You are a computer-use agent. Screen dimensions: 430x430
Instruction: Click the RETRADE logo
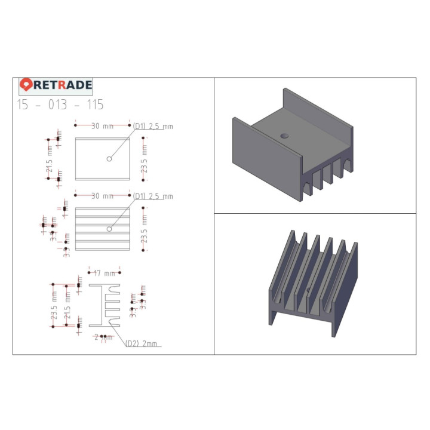tap(56, 85)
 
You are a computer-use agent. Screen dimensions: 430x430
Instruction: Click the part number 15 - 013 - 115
tap(60, 105)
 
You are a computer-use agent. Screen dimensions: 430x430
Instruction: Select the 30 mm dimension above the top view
tap(102, 126)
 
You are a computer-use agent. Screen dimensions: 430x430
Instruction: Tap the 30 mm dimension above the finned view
tap(102, 196)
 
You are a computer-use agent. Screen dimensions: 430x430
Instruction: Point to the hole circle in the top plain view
tap(109, 159)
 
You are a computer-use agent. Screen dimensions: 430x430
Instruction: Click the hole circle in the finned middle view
tap(109, 229)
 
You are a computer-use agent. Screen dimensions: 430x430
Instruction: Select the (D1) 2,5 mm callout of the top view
tap(153, 126)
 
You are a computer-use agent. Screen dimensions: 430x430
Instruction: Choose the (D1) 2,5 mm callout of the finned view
tap(153, 196)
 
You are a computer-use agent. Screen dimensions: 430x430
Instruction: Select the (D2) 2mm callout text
tap(142, 344)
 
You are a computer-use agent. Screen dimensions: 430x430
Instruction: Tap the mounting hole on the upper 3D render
tap(285, 136)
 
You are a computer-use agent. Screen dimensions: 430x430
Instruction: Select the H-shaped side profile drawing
tap(105, 305)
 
